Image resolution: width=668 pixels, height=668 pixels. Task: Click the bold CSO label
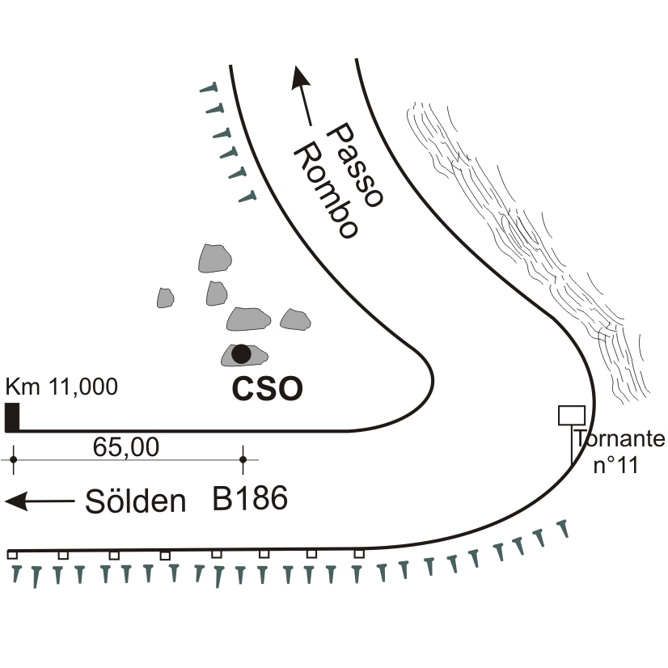[x=268, y=390]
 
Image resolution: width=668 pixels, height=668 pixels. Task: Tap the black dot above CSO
[x=240, y=353]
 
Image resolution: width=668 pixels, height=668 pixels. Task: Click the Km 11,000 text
[x=61, y=387]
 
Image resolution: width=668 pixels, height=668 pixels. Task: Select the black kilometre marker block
[x=12, y=416]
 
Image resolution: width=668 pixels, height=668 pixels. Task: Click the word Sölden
[x=136, y=501]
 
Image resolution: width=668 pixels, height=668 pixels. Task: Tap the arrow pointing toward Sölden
[x=39, y=501]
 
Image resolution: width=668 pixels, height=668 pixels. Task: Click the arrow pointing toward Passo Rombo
[x=303, y=95]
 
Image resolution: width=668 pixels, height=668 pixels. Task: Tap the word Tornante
[x=619, y=439]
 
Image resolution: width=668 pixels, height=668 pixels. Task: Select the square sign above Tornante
[x=572, y=415]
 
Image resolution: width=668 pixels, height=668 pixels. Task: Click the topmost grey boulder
[x=215, y=258]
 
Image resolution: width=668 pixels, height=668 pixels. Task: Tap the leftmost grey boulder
[x=166, y=298]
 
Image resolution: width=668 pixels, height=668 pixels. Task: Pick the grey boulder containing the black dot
[x=243, y=354]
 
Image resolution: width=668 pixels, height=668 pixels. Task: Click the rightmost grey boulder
[x=295, y=319]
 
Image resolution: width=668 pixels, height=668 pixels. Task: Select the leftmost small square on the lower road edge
[x=12, y=555]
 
